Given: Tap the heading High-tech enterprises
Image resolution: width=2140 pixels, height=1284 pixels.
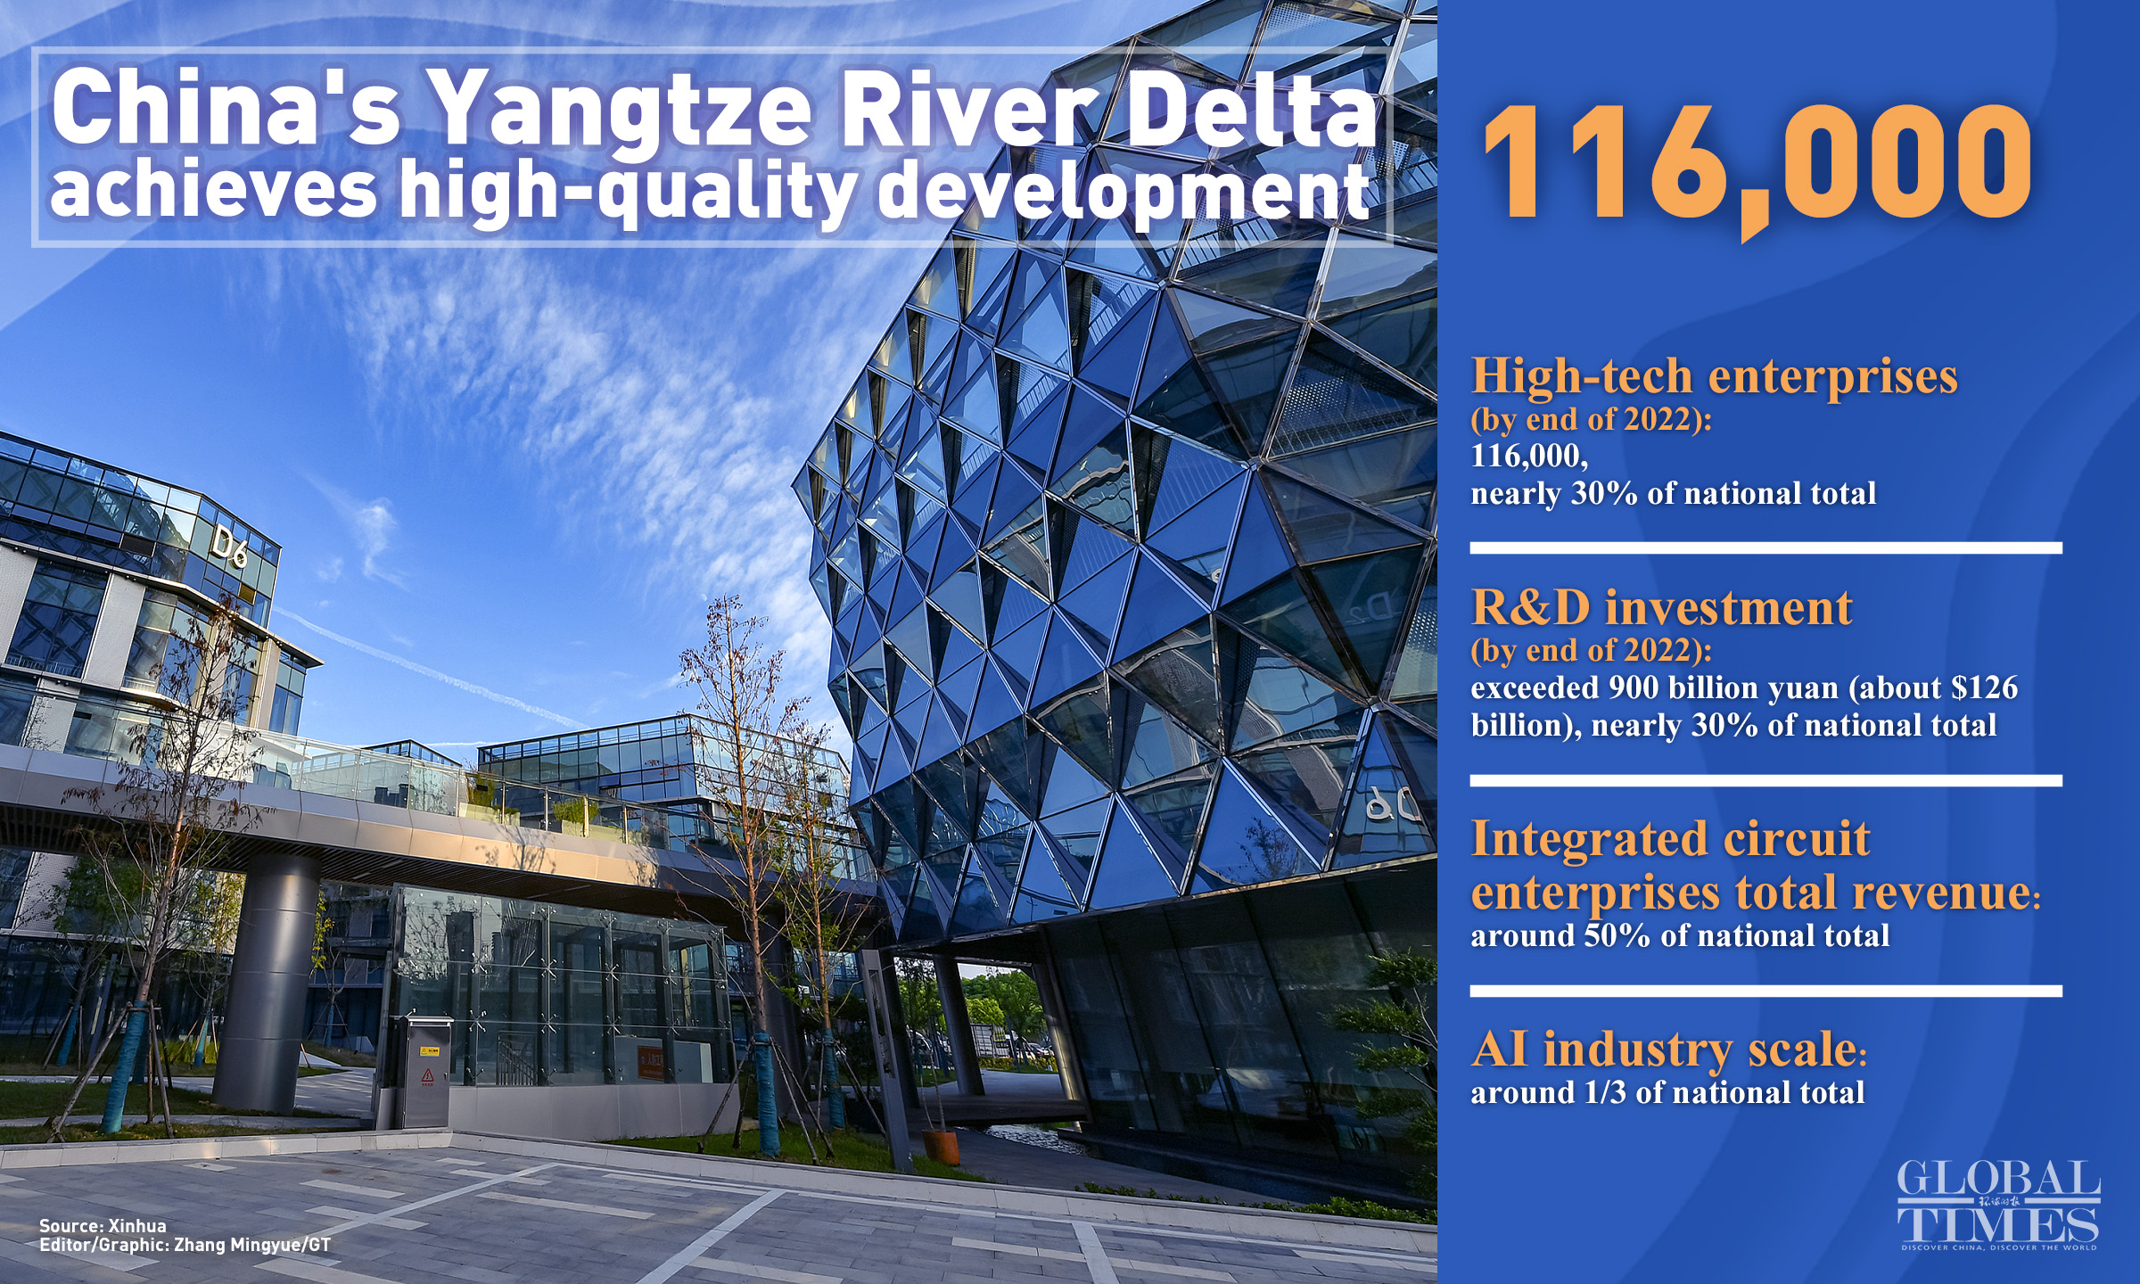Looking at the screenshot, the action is click(x=1714, y=375).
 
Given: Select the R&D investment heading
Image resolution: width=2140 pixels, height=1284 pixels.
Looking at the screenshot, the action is click(x=1661, y=608).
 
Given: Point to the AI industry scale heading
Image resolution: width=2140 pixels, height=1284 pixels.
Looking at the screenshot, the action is click(x=1668, y=1049).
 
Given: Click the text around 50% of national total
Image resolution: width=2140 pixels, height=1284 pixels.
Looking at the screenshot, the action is click(x=1680, y=935).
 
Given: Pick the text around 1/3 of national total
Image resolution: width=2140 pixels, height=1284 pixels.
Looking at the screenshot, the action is click(x=1667, y=1092).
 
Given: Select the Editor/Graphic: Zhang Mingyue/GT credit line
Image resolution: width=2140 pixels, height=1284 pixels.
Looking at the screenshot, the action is click(x=185, y=1245).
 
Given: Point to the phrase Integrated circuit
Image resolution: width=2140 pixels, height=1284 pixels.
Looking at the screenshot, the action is click(x=1670, y=839).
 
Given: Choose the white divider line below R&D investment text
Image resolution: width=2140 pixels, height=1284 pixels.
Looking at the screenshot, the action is click(x=1766, y=781).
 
